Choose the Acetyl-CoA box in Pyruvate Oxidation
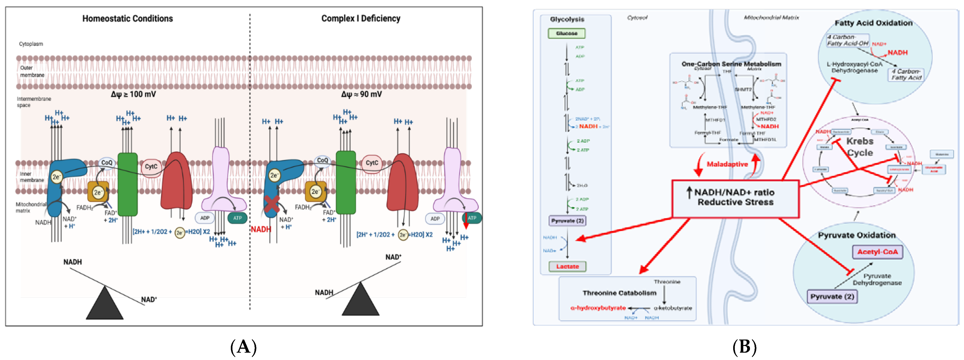(x=877, y=252)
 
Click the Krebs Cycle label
(x=860, y=147)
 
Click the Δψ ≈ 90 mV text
(x=361, y=94)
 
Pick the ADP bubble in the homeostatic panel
(x=204, y=218)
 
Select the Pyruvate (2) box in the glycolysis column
(x=567, y=221)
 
